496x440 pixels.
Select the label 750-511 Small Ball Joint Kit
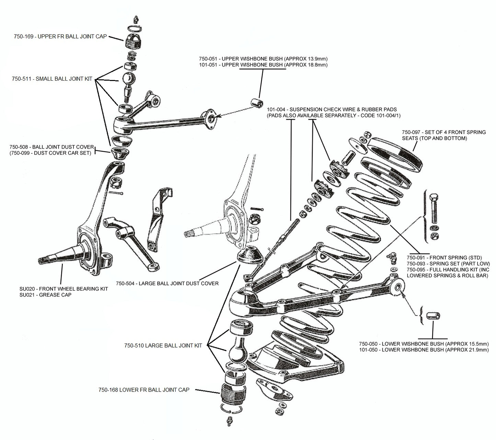pos(52,79)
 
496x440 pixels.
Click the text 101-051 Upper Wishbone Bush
pos(263,65)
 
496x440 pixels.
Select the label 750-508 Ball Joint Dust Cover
pos(51,147)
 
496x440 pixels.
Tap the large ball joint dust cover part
pos(250,256)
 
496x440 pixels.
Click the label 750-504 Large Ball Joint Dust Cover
pos(167,283)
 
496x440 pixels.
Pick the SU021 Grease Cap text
pos(45,295)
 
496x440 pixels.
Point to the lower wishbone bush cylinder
pos(433,315)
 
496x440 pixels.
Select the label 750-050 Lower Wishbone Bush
pos(424,344)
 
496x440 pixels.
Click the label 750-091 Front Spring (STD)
pos(444,258)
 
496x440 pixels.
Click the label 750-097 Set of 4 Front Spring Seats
pos(444,132)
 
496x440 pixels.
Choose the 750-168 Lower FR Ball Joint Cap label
pos(144,390)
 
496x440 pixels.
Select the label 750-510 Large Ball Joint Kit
pos(163,346)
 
